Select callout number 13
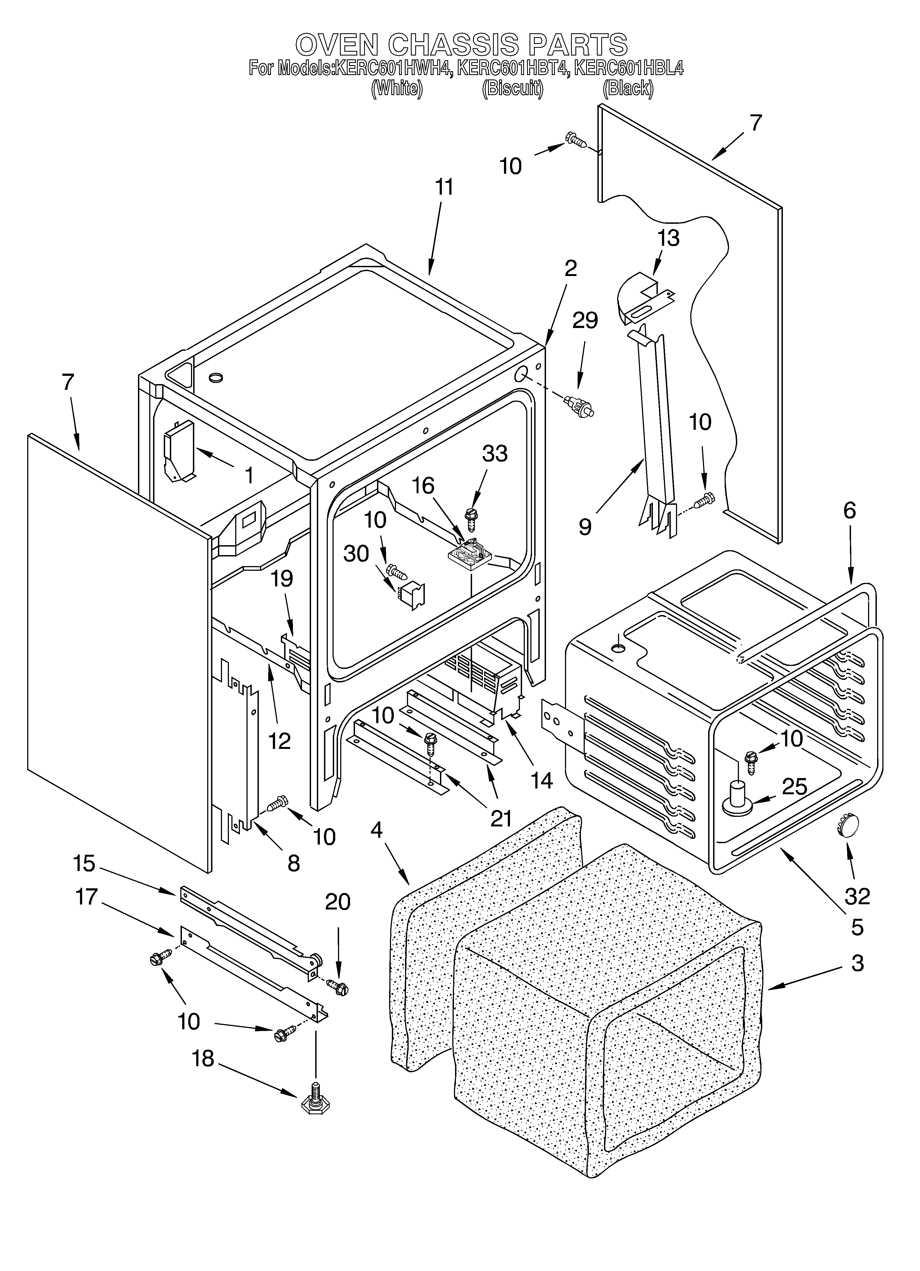coord(668,238)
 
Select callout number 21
coord(501,818)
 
